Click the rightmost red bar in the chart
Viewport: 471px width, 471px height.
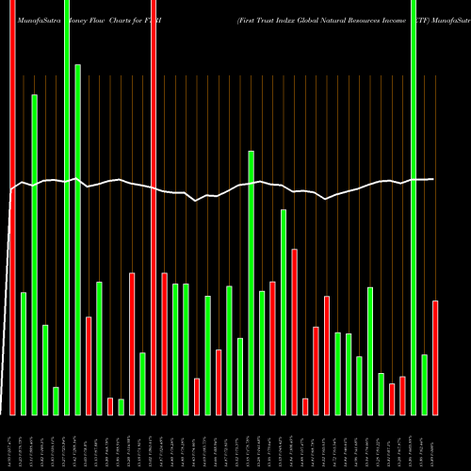click(x=435, y=357)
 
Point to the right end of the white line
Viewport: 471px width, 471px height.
click(x=433, y=179)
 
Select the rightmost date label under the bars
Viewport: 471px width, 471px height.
click(x=435, y=443)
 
